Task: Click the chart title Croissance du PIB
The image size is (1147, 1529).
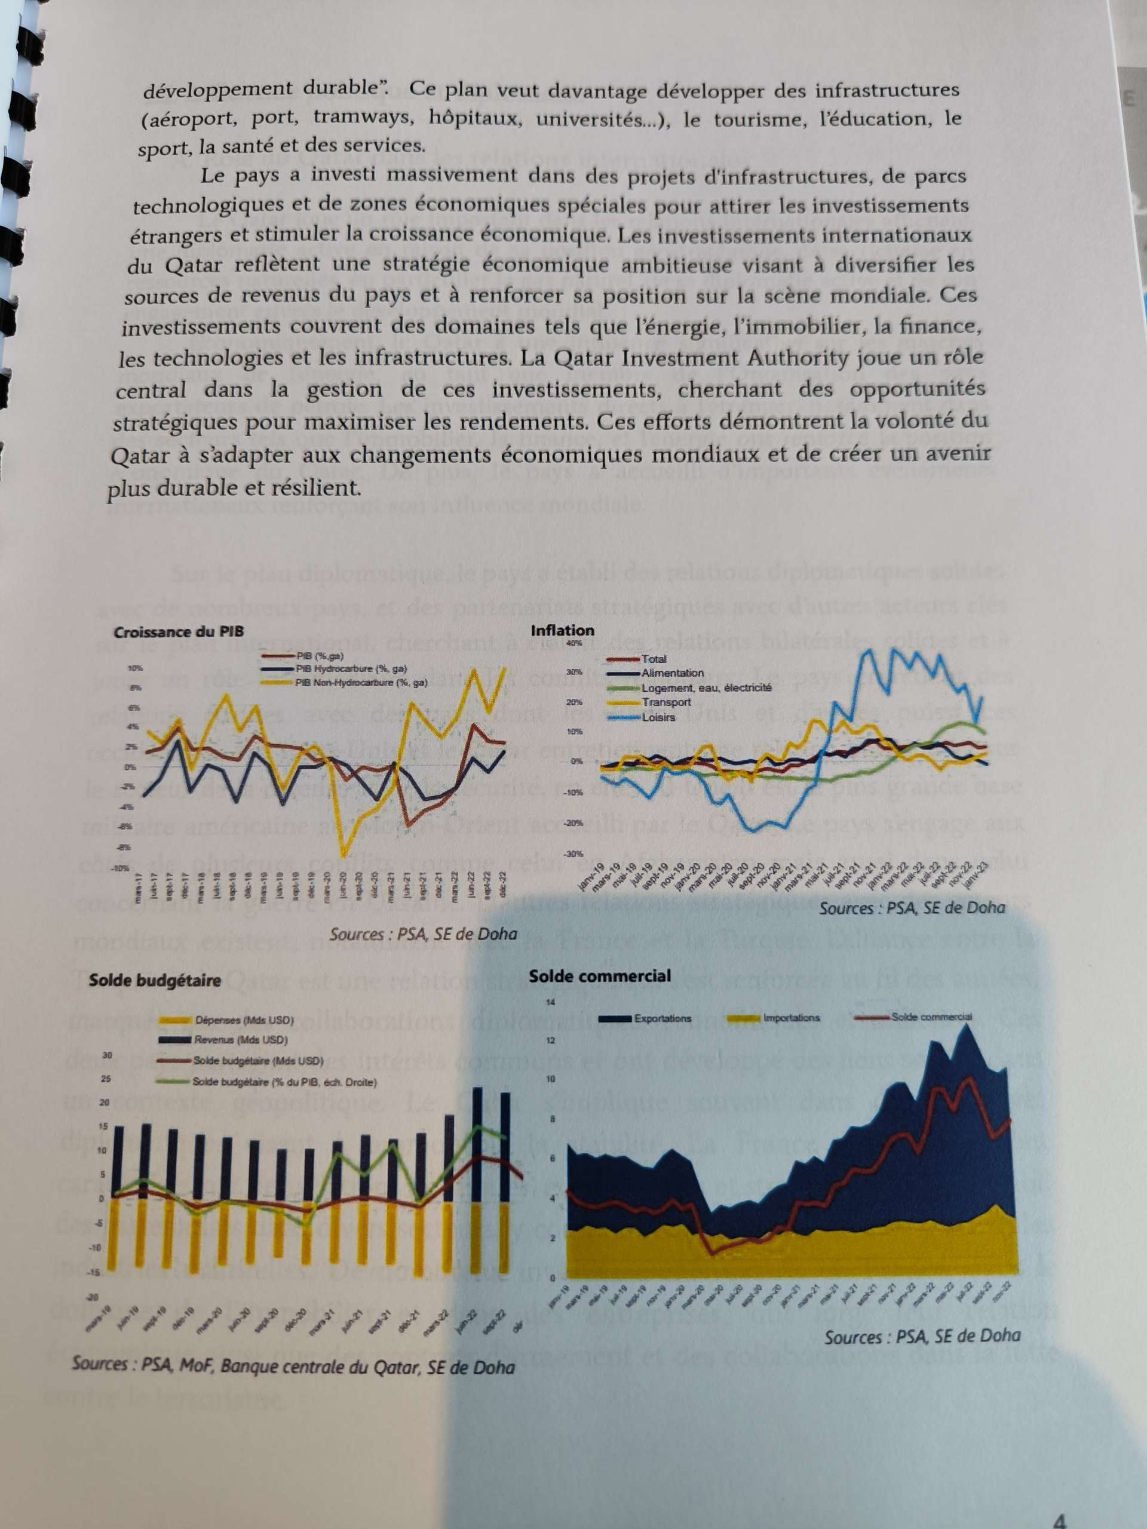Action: (179, 632)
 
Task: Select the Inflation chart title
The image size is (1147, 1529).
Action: (562, 630)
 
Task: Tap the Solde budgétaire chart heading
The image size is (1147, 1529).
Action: (155, 980)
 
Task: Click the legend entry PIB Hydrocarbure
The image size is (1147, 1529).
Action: (351, 669)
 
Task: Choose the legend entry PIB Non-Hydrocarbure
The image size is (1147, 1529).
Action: (360, 683)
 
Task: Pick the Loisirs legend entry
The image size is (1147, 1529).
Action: (658, 717)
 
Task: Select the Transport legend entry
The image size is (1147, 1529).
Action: (666, 702)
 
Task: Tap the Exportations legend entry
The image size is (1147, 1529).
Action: (662, 1018)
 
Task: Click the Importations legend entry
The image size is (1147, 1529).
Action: (791, 1018)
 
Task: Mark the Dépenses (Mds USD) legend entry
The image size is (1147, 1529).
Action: (243, 1020)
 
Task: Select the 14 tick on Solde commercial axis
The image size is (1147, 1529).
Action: (551, 1002)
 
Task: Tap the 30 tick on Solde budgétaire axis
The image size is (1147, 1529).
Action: (106, 1055)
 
